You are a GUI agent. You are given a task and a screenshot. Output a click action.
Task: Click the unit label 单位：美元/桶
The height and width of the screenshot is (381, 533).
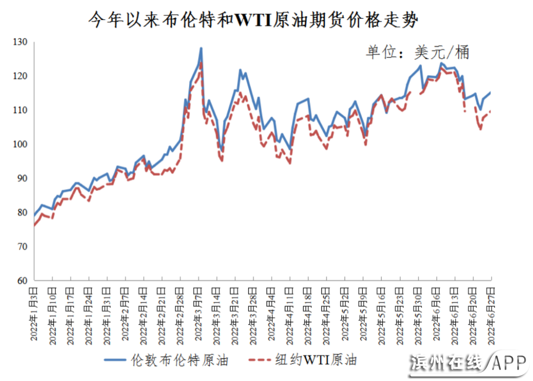[417, 52]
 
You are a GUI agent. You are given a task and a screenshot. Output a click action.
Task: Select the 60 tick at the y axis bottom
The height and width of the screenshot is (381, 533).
[23, 281]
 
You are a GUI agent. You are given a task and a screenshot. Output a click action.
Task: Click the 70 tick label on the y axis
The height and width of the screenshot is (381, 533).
[23, 247]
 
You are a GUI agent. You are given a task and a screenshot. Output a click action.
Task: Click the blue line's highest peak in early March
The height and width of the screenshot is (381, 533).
[201, 48]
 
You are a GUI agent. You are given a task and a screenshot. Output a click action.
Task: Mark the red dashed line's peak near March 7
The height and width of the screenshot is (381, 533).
[201, 62]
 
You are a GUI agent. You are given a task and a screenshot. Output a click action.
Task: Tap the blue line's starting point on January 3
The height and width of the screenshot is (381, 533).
[35, 216]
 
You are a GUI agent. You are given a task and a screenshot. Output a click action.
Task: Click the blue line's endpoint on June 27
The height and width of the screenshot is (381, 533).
[491, 92]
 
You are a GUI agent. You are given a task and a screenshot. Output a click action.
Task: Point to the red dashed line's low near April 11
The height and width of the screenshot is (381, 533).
[290, 163]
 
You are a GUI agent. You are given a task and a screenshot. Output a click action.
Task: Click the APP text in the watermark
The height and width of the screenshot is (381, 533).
[508, 364]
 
